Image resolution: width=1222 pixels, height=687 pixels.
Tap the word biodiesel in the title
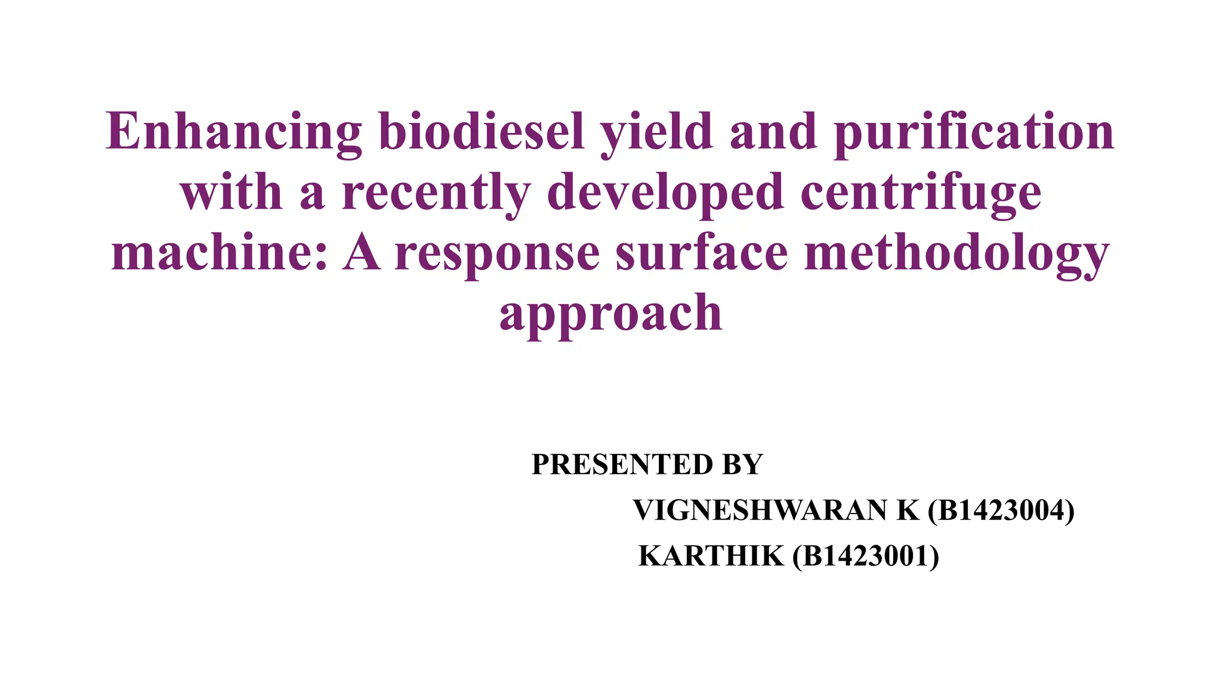coord(482,132)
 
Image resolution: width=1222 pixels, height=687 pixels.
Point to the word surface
coord(702,253)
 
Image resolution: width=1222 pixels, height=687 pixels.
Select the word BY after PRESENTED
coord(742,465)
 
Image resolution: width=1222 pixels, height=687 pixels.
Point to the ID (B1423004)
coord(1001,510)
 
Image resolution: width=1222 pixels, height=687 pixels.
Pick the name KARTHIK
coord(711,556)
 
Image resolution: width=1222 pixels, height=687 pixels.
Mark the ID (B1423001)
coord(866,556)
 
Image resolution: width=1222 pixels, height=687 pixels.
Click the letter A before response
coord(362,253)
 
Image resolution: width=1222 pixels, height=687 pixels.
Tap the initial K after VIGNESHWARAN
coord(908,510)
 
